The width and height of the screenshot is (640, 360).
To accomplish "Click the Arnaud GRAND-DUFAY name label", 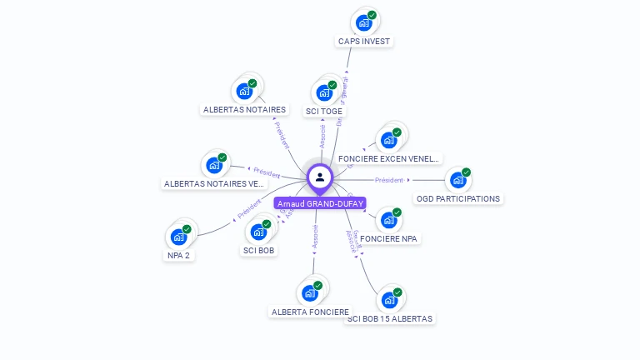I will [x=320, y=203].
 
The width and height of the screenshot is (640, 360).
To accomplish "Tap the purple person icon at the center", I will [x=320, y=177].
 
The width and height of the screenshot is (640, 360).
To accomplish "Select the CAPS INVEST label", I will [x=364, y=41].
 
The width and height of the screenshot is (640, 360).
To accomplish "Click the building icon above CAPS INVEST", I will [x=363, y=22].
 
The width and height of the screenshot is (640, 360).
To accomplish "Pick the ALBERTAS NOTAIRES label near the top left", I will [x=244, y=109].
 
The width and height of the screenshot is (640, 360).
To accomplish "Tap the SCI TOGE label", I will [x=324, y=111].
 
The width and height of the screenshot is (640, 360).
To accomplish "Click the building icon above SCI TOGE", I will [x=324, y=92].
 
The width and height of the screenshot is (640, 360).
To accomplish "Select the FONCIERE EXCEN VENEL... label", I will [x=389, y=158].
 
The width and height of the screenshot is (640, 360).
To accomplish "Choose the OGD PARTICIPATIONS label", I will [x=458, y=198].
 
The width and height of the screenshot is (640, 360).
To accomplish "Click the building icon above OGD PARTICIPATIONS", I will [x=457, y=180].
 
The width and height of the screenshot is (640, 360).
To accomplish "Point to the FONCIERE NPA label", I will [x=389, y=238].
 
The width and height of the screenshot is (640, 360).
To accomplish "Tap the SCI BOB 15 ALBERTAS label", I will [x=390, y=318].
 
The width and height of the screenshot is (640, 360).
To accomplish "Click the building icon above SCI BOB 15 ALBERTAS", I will [x=389, y=300].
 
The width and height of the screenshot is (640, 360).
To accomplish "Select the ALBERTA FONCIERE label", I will [x=310, y=312].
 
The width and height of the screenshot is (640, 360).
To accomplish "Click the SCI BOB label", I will [x=259, y=250].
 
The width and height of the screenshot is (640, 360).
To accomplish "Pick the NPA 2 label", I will [x=179, y=255].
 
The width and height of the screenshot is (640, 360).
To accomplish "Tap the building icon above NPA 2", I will [x=179, y=237].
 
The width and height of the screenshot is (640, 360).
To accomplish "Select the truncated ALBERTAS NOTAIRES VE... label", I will [x=214, y=183].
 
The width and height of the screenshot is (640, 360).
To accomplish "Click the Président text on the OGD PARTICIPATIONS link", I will [x=389, y=180].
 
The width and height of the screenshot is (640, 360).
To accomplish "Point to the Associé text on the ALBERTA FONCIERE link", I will [x=315, y=238].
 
